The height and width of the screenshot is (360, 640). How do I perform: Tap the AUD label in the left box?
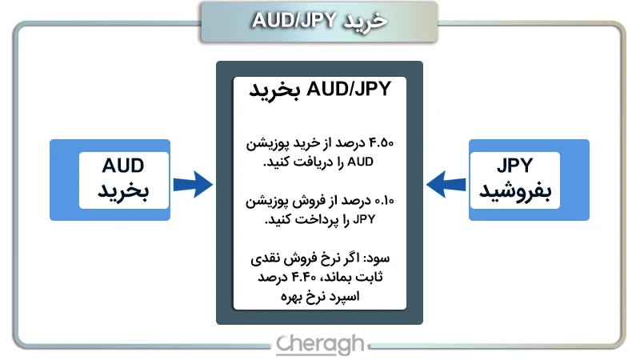(x=123, y=166)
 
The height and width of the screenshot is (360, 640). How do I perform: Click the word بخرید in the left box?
(x=124, y=193)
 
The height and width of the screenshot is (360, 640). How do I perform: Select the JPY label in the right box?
(x=514, y=166)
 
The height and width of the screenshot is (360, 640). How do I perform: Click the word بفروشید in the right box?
(x=515, y=193)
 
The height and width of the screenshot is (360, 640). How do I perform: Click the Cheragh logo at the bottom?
(x=320, y=344)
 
